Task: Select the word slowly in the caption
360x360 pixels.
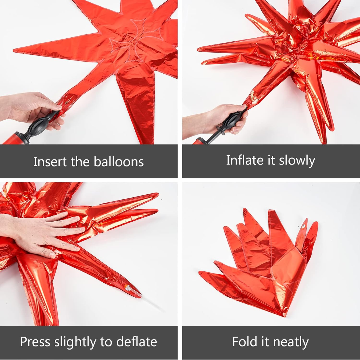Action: (x=297, y=161)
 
